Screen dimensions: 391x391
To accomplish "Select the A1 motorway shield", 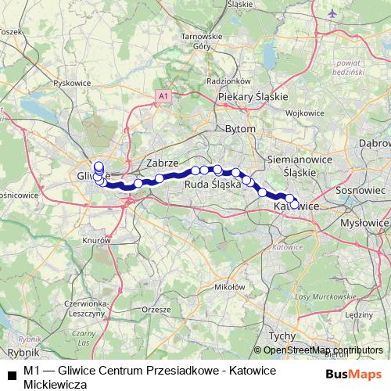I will point(163,95).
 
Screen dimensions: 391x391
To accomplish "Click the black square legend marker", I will point(11,375).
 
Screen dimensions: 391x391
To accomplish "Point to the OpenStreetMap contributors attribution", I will point(322,350).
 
